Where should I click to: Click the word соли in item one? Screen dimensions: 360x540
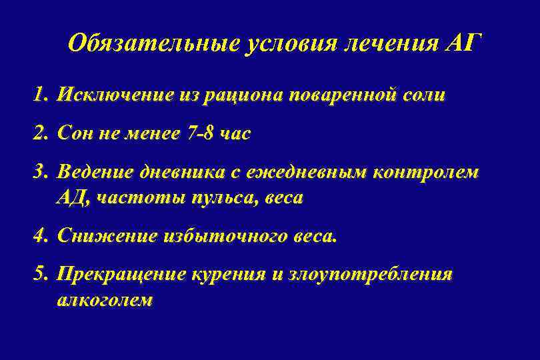click(x=423, y=95)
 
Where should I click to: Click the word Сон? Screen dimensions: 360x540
click(x=75, y=133)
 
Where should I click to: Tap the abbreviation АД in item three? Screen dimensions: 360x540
click(x=73, y=198)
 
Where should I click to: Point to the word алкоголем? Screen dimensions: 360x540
click(x=105, y=300)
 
